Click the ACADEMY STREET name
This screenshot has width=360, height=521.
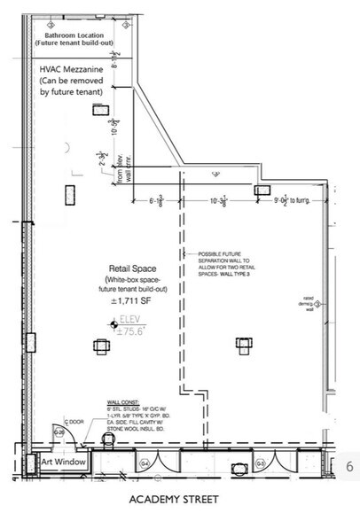(168, 500)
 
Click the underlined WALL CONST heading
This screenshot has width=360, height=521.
(124, 400)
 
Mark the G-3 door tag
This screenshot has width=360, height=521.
(260, 463)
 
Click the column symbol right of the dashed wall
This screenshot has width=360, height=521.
(241, 342)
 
